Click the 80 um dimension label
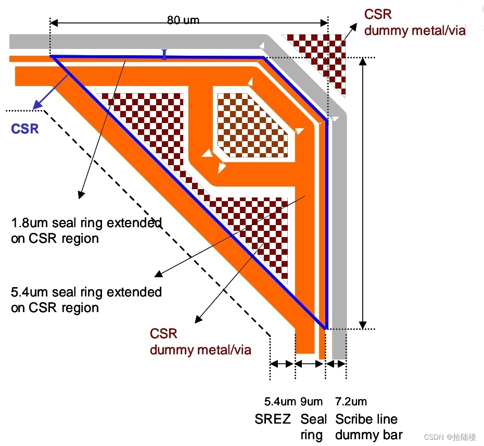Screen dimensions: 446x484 click(183, 20)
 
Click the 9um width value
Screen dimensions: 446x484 click(311, 402)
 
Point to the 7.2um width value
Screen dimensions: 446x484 click(351, 402)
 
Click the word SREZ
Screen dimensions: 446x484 click(273, 419)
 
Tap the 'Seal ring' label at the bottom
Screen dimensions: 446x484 click(313, 427)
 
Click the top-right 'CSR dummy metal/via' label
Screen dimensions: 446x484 click(414, 22)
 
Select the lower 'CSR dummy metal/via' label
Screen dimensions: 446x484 click(200, 341)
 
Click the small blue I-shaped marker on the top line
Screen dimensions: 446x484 click(164, 54)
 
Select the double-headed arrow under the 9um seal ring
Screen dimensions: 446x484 click(310, 364)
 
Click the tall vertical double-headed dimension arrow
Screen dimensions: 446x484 click(364, 193)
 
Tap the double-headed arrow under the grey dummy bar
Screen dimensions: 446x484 click(336, 364)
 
